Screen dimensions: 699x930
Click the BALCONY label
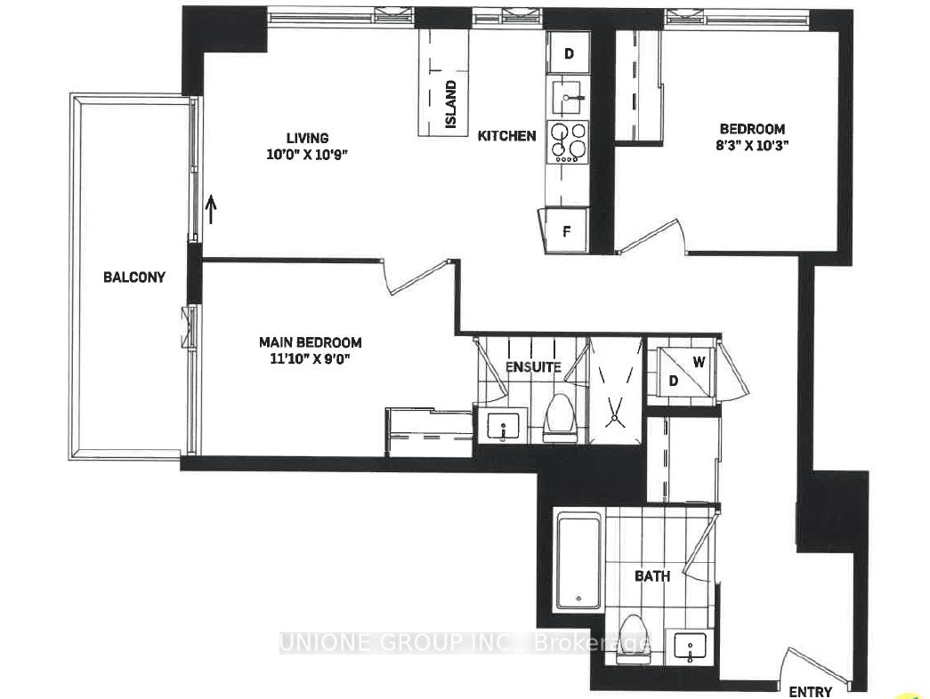pos(134,277)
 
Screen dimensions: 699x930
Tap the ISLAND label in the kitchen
pos(451,105)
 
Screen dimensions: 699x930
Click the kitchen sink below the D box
pos(569,93)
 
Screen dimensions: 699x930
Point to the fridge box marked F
pos(566,233)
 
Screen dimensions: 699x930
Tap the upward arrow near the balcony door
pos(211,210)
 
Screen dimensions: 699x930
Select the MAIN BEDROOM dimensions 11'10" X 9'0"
pos(310,359)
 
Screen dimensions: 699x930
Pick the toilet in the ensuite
pos(560,420)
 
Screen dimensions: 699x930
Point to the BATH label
pos(652,576)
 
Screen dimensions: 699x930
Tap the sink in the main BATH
pos(691,647)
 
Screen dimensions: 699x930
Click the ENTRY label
pos(810,692)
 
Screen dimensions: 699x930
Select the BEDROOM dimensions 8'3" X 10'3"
pos(753,147)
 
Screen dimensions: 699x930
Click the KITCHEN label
pos(507,136)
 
